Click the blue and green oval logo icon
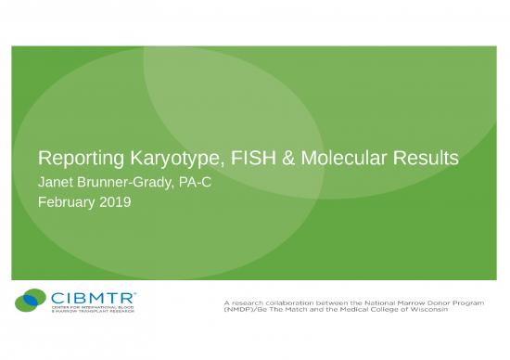click(x=31, y=302)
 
